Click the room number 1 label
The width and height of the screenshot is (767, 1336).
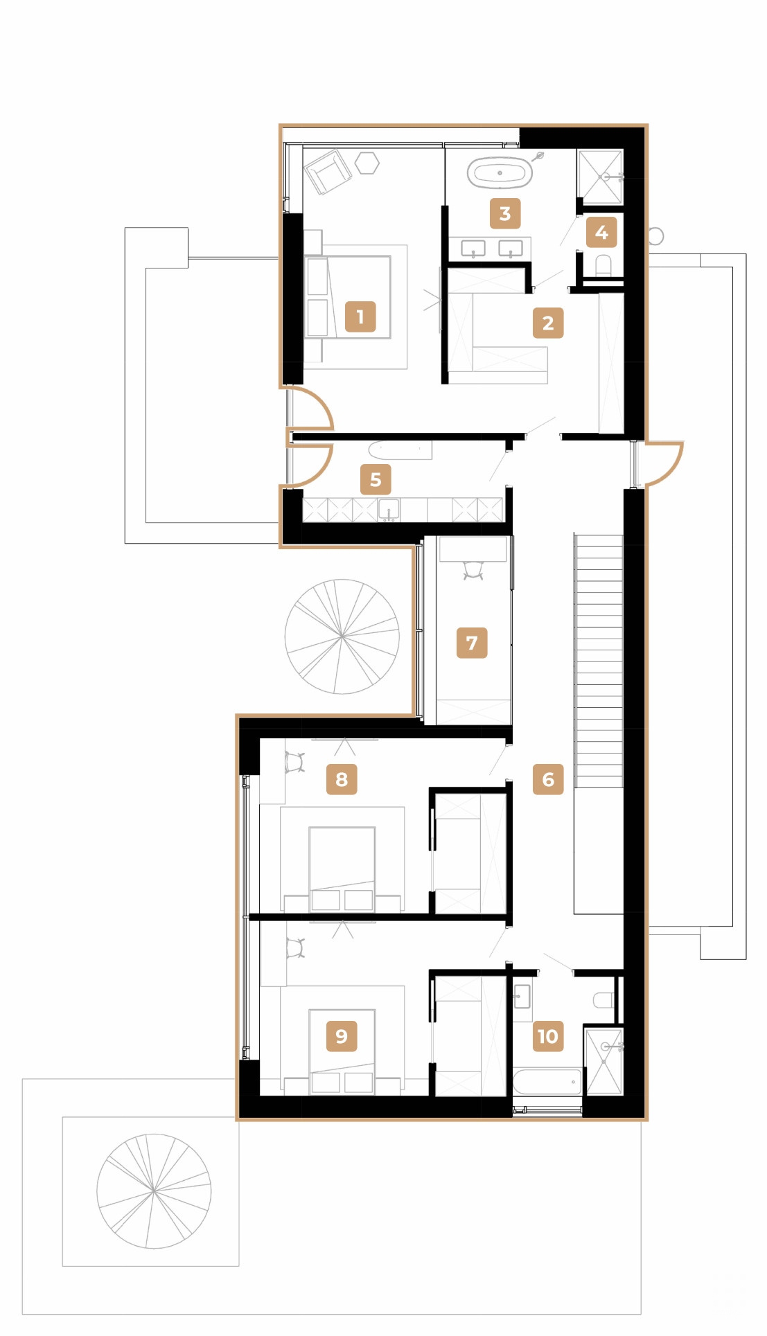coord(360,317)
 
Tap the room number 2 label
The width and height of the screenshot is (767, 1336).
coord(548,323)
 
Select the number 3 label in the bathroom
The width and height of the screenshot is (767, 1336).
coord(505,213)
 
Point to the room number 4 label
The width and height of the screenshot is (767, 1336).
coord(601,232)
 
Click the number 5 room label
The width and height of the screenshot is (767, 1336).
coord(376,479)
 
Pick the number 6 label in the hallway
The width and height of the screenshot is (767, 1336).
coord(548,779)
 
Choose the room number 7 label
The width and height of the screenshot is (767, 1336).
coord(472,643)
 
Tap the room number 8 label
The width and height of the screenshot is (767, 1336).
coord(342,779)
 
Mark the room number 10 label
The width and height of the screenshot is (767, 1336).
coord(547,1036)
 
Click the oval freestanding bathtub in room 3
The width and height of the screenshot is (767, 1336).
coord(500,172)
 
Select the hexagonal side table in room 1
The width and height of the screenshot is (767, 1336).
coord(367,163)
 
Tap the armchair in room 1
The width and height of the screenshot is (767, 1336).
coord(327,171)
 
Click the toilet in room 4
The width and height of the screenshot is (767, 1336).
coord(603,266)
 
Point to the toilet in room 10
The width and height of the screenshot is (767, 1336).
coord(603,999)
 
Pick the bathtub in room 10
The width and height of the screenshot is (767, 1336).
coord(547,1082)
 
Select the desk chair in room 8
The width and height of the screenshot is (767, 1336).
coord(296,763)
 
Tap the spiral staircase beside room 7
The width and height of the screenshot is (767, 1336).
coord(342,636)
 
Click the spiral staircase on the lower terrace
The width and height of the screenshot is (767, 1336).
coord(154,1191)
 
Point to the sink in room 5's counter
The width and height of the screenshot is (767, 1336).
coord(389,510)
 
